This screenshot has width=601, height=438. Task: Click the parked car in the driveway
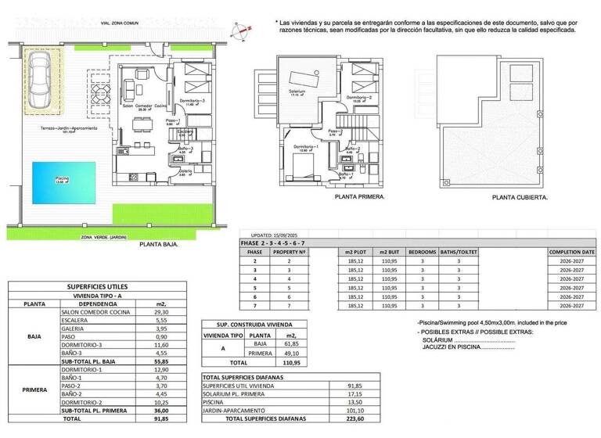pos(39,82)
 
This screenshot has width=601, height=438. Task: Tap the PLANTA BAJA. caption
pos(159,245)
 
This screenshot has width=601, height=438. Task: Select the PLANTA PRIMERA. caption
pos(360,198)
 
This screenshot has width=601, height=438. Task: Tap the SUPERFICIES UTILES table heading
pos(98,286)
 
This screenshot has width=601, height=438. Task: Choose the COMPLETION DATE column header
pos(572,253)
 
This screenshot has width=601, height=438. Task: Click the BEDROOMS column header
pos(422,253)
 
